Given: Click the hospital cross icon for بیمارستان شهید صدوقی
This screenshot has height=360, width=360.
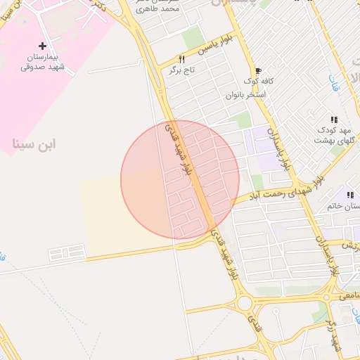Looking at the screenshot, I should pyautogui.click(x=42, y=46).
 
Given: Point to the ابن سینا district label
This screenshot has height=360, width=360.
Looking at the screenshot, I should pyautogui.click(x=34, y=144).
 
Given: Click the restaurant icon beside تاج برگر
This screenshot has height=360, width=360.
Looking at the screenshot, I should pyautogui.click(x=181, y=60).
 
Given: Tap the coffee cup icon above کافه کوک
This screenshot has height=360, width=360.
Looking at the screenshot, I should pyautogui.click(x=258, y=71).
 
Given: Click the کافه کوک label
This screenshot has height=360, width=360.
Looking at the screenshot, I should pyautogui.click(x=258, y=82).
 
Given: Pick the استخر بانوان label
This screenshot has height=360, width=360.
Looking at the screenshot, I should pyautogui.click(x=245, y=94).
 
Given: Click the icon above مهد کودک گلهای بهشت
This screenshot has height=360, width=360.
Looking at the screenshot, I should pyautogui.click(x=334, y=120).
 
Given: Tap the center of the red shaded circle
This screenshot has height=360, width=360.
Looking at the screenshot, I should pyautogui.click(x=180, y=179).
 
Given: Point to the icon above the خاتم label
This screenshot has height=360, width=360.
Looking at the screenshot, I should pyautogui.click(x=349, y=195).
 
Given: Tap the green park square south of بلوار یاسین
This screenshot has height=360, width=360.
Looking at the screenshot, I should pyautogui.click(x=193, y=39).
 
